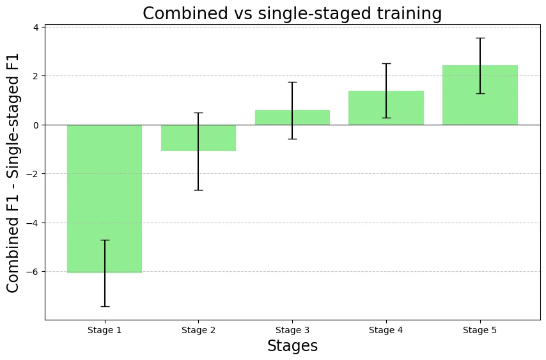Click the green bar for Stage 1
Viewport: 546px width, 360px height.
[105, 198]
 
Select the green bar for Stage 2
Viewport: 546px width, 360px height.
[198, 137]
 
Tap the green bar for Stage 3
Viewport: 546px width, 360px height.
[292, 118]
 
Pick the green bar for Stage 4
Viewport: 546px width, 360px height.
[386, 108]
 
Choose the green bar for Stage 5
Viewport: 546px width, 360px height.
[480, 95]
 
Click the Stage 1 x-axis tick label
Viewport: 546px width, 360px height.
[105, 330]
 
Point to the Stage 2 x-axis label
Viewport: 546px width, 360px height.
[198, 330]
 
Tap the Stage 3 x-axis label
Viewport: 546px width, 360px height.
[292, 330]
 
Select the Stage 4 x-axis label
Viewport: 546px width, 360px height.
[386, 330]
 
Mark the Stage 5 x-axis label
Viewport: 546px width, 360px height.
[480, 330]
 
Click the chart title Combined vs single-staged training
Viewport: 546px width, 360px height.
[292, 13]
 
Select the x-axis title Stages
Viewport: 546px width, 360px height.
[292, 346]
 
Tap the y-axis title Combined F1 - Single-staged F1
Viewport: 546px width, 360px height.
[13, 173]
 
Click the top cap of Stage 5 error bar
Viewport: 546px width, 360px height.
[480, 38]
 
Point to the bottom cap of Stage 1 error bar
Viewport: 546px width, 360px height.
[105, 306]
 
